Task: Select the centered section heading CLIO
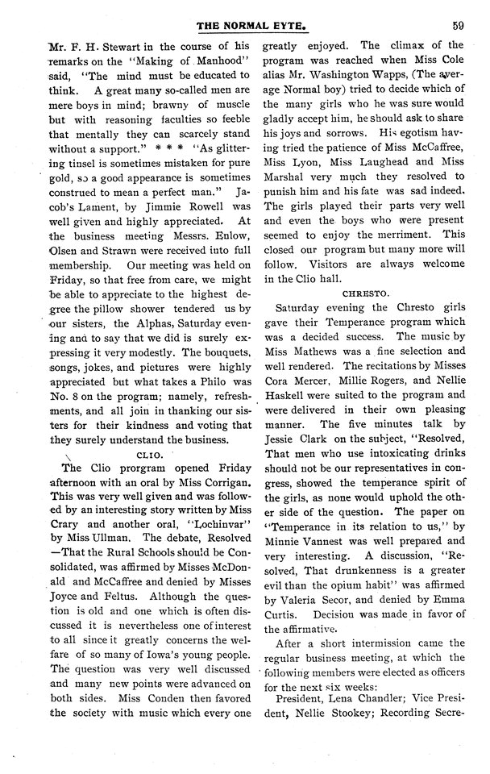(145, 454)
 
